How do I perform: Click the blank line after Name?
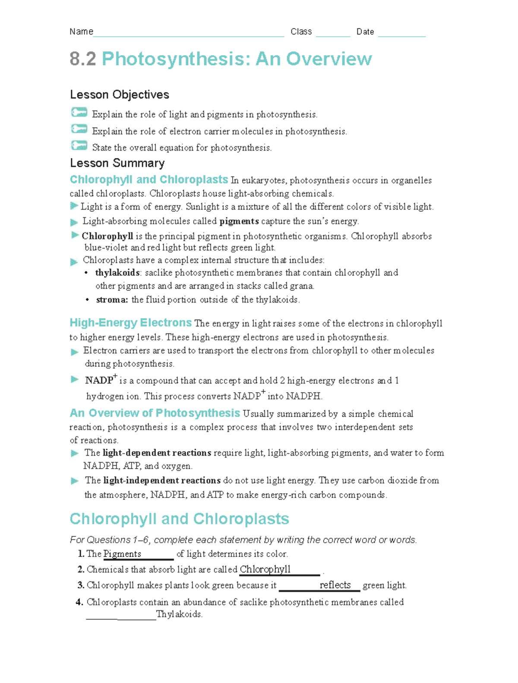pyautogui.click(x=189, y=35)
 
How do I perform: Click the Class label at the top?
pyautogui.click(x=301, y=31)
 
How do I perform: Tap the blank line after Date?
pyautogui.click(x=401, y=35)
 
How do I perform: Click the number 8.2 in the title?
pyautogui.click(x=83, y=59)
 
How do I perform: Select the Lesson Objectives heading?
pyautogui.click(x=120, y=94)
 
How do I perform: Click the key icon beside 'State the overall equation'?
pyautogui.click(x=79, y=146)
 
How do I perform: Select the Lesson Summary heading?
pyautogui.click(x=117, y=163)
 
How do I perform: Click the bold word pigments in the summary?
pyautogui.click(x=239, y=221)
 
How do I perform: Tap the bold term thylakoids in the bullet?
pyautogui.click(x=117, y=273)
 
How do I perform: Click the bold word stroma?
pyautogui.click(x=112, y=299)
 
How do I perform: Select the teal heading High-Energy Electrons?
pyautogui.click(x=130, y=323)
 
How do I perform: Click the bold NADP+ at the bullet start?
pyautogui.click(x=101, y=380)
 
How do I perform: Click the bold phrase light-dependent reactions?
pyautogui.click(x=157, y=453)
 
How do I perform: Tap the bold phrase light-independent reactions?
pyautogui.click(x=162, y=480)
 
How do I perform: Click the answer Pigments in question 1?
pyautogui.click(x=122, y=554)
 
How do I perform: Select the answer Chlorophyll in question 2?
pyautogui.click(x=265, y=570)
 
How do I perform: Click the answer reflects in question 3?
pyautogui.click(x=335, y=585)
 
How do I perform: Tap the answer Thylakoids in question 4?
pyautogui.click(x=179, y=614)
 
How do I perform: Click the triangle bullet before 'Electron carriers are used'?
pyautogui.click(x=74, y=352)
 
